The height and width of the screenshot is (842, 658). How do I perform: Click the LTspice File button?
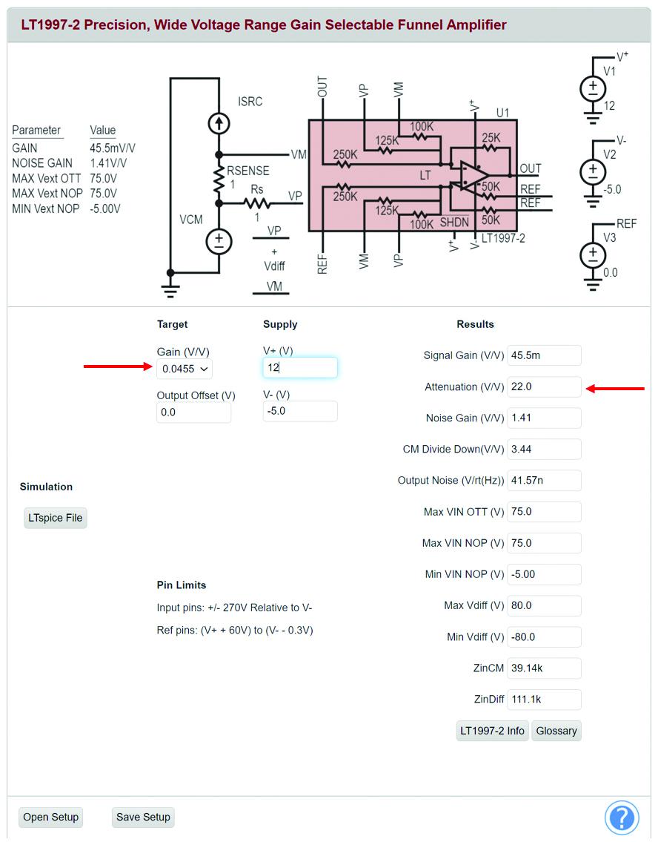click(56, 518)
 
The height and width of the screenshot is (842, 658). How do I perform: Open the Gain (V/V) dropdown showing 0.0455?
click(185, 369)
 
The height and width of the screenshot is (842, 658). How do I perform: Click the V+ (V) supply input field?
click(299, 367)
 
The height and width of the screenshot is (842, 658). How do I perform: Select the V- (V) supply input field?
click(299, 411)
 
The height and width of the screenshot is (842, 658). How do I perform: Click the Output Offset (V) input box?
click(193, 412)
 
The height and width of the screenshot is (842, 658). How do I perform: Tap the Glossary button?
click(556, 731)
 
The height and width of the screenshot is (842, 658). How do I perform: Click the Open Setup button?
click(50, 817)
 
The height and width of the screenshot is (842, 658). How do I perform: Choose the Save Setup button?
click(143, 817)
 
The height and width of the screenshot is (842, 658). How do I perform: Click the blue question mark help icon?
click(622, 818)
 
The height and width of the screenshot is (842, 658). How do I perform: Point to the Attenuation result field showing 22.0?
click(544, 387)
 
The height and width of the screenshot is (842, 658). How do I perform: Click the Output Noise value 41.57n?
click(544, 480)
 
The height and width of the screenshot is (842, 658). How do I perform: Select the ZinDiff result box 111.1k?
click(544, 699)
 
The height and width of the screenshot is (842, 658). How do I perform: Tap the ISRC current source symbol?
click(219, 123)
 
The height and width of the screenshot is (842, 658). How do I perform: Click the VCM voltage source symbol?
click(219, 242)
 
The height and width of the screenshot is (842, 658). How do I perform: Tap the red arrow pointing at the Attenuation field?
click(615, 388)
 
